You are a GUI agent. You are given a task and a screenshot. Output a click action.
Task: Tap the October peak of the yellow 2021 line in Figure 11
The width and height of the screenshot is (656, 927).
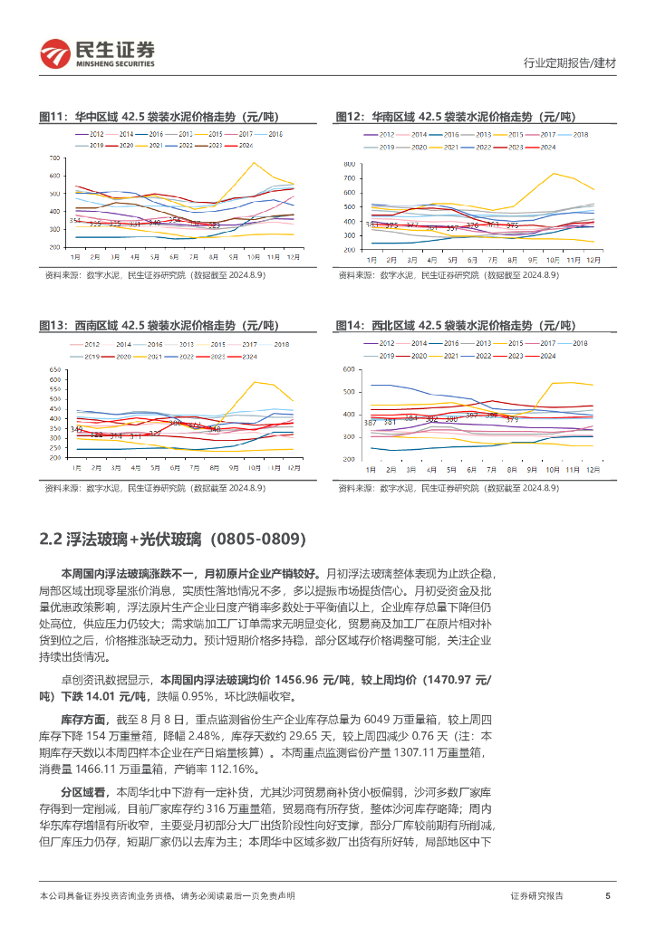click(x=253, y=163)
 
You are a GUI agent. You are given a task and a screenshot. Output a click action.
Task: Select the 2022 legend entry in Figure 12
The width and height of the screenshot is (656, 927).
click(x=482, y=147)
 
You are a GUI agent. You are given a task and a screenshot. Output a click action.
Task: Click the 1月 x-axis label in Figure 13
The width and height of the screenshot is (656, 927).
click(x=76, y=468)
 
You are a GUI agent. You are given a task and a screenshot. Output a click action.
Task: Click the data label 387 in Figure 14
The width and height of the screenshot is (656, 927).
click(x=370, y=423)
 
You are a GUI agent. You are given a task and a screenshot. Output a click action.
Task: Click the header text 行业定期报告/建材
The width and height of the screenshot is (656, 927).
click(x=570, y=63)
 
